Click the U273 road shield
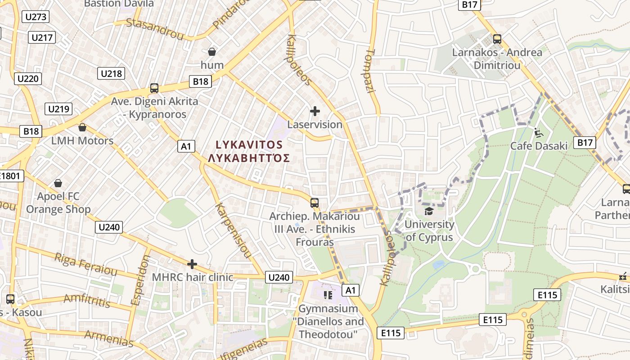coord(36,17)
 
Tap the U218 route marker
coord(111,73)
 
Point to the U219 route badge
coord(58,109)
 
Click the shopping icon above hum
coord(211,52)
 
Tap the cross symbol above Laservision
coord(315,111)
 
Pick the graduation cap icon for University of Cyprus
coord(429,211)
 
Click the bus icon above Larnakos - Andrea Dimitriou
coord(497,39)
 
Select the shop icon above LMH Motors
coord(82,127)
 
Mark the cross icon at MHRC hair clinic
coord(192,264)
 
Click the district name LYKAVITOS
coord(249,145)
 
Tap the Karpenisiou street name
coord(233,230)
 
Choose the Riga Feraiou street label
coord(86,264)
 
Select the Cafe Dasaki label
coord(539,146)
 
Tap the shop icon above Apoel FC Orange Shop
coord(58,183)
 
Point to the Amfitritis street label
coord(87,300)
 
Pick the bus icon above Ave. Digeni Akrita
coord(154,88)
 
